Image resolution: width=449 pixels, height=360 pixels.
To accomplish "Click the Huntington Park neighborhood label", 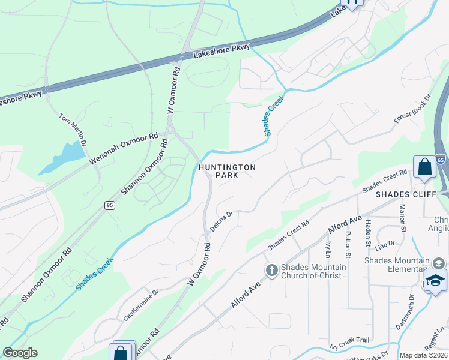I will click(x=228, y=171).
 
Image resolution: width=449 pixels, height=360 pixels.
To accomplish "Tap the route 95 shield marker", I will click(x=109, y=205).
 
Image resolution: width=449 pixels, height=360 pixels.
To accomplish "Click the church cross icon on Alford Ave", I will click(x=271, y=271).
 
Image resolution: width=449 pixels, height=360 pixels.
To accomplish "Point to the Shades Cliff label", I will click(x=402, y=195).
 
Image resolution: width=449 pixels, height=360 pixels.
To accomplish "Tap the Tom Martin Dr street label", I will click(x=73, y=129).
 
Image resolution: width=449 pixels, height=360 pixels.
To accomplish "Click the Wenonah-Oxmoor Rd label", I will click(x=123, y=149).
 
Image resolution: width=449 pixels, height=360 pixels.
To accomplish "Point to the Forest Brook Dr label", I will click(x=413, y=109).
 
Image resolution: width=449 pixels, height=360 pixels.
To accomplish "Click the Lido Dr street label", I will click(x=385, y=245).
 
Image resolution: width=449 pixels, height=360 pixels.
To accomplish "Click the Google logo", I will click(x=20, y=353).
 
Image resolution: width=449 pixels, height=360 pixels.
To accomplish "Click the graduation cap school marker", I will click(x=435, y=281).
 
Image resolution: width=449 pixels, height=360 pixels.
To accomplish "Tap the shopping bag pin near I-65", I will click(x=424, y=167).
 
